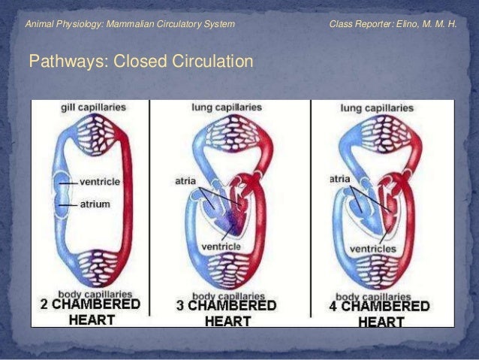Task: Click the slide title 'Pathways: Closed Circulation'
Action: [140, 61]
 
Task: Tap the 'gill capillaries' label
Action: [93, 107]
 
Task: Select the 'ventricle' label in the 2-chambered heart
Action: [100, 182]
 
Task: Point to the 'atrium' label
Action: [95, 204]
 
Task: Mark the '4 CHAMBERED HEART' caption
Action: [380, 313]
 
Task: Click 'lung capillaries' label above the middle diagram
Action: [227, 107]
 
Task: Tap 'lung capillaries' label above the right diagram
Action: [377, 108]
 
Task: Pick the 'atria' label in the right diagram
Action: [339, 179]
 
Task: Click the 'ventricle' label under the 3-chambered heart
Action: [221, 247]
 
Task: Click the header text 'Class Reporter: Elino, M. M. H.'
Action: [393, 24]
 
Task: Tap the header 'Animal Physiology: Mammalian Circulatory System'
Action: [130, 24]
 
